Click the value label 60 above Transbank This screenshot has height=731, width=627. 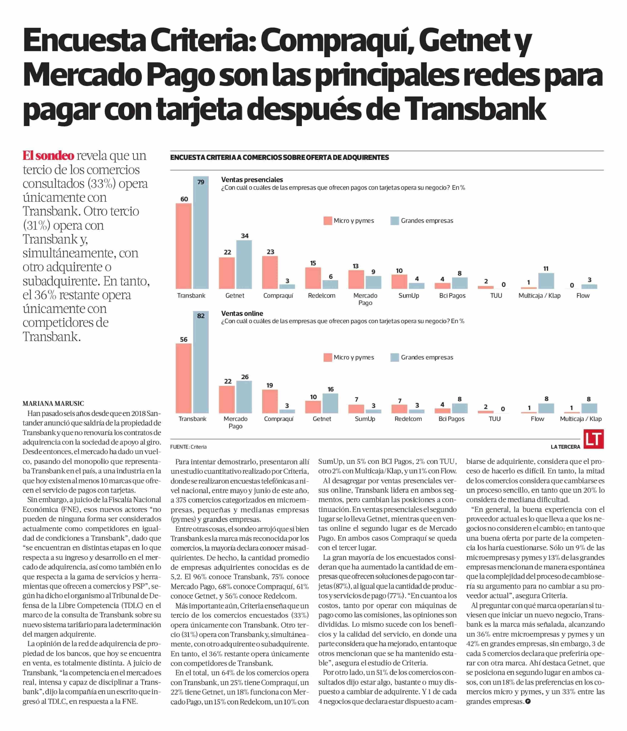point(184,199)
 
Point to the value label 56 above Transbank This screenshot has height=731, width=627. point(184,339)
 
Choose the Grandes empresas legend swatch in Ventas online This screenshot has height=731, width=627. point(395,357)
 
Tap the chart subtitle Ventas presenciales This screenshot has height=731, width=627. point(252,180)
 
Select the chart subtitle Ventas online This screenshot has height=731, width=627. point(242,313)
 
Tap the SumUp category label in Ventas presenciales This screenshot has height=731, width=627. point(409,296)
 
